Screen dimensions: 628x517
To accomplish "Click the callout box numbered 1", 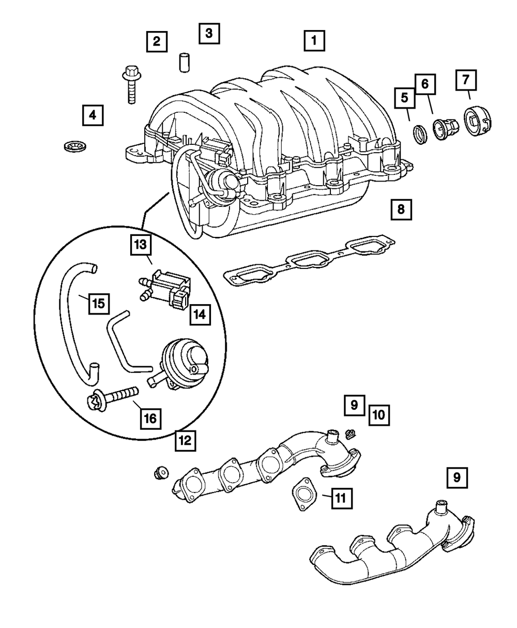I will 314,40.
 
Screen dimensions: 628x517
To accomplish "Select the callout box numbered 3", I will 208,34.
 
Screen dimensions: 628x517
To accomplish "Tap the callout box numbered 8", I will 401,209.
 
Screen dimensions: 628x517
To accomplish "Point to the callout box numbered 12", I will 185,440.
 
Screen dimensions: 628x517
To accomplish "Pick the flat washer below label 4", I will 70,146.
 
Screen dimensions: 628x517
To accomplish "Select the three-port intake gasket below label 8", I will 308,261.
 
